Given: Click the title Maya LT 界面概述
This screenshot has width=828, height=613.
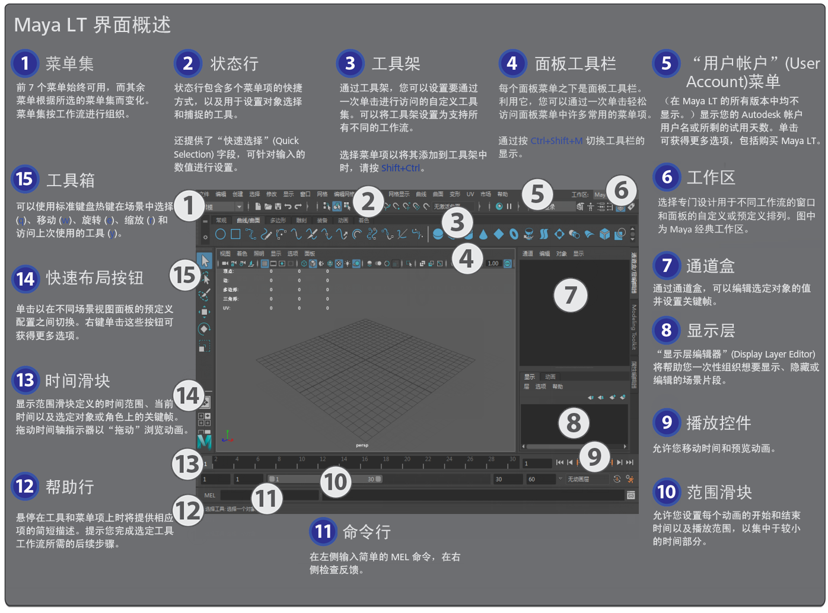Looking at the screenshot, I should pyautogui.click(x=93, y=25).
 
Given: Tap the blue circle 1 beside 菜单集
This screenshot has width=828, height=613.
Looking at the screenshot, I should pyautogui.click(x=25, y=63).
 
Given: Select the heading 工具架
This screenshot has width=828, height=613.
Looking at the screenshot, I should pyautogui.click(x=396, y=63).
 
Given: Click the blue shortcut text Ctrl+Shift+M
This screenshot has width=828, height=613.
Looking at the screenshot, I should pyautogui.click(x=556, y=141).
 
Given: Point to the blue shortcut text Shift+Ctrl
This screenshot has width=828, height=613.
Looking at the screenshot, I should pyautogui.click(x=400, y=168).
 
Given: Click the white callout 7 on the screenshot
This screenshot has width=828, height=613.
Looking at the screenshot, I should pyautogui.click(x=571, y=295).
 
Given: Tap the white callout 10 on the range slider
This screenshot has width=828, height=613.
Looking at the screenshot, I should pyautogui.click(x=336, y=481).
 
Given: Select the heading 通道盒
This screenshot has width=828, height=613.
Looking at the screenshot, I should pyautogui.click(x=710, y=266).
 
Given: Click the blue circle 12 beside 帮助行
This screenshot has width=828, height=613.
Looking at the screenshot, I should pyautogui.click(x=25, y=487).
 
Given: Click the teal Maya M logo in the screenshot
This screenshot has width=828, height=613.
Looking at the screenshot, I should pyautogui.click(x=204, y=441).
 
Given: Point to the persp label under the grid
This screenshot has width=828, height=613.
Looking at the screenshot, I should pyautogui.click(x=362, y=445).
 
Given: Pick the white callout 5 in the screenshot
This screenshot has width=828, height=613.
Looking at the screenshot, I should pyautogui.click(x=537, y=193).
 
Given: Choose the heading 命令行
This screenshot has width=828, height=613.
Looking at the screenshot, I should pyautogui.click(x=367, y=532).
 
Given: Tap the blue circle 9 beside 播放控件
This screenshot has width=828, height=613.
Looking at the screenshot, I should pyautogui.click(x=667, y=422).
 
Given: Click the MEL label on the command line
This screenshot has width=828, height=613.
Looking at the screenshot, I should pyautogui.click(x=210, y=495).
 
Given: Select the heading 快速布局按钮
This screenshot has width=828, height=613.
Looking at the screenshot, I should pyautogui.click(x=94, y=277).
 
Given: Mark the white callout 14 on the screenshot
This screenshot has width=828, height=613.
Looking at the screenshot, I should pyautogui.click(x=187, y=395).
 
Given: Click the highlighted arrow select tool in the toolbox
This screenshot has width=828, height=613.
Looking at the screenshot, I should pyautogui.click(x=205, y=260).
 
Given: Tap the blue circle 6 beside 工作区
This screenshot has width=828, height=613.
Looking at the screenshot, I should pyautogui.click(x=667, y=177).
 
